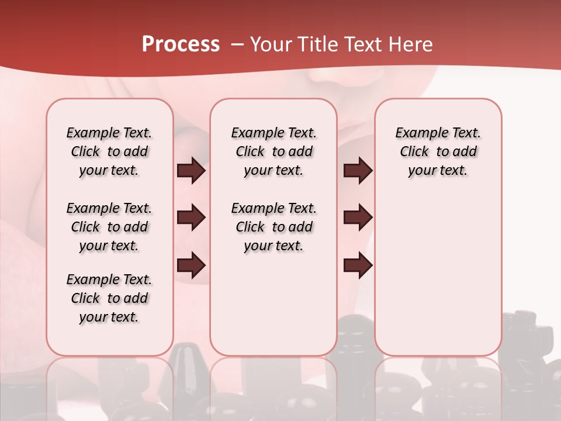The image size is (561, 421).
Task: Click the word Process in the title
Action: (181, 44)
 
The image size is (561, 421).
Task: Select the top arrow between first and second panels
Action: (191, 171)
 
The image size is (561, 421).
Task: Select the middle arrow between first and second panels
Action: (191, 218)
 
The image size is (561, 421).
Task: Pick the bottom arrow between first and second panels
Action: (191, 265)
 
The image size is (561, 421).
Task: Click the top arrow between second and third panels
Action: (358, 171)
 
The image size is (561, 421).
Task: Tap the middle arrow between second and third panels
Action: (358, 218)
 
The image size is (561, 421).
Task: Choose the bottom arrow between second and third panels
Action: (358, 265)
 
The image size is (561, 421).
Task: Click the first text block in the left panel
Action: (109, 151)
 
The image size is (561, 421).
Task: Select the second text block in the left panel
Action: (109, 227)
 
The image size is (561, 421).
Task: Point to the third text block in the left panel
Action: (109, 298)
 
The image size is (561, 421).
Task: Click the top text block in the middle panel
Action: (274, 151)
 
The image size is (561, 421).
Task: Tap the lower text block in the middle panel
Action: (274, 227)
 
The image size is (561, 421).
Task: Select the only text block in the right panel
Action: (438, 151)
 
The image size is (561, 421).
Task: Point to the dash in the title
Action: (237, 44)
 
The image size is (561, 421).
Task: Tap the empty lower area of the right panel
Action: (438, 275)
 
